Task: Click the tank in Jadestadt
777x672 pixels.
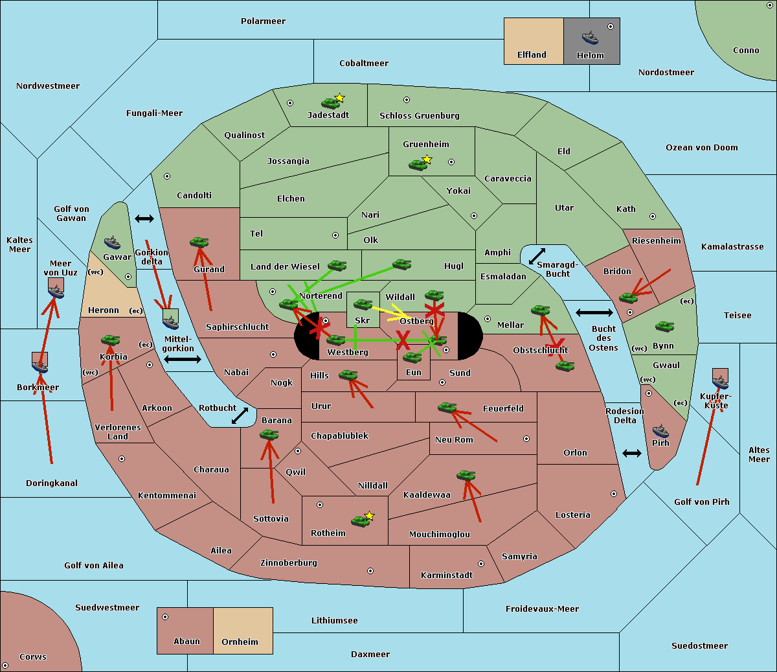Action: [x=330, y=102]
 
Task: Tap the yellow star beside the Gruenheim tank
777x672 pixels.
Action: [x=427, y=159]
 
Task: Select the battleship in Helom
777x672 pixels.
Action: [x=589, y=38]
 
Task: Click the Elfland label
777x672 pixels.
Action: [x=532, y=55]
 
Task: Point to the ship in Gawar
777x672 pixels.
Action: [x=112, y=243]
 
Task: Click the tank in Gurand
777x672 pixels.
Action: [x=199, y=242]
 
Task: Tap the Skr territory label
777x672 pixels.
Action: [x=362, y=320]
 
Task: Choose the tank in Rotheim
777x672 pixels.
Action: [x=361, y=520]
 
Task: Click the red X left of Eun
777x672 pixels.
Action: [x=403, y=340]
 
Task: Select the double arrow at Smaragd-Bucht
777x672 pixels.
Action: [x=537, y=256]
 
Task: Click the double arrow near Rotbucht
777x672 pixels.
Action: [x=240, y=415]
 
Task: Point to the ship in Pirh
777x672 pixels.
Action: [x=660, y=431]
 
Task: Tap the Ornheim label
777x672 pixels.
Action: [x=240, y=642]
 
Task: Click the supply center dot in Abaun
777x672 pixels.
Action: [x=165, y=617]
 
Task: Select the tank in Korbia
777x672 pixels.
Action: [x=110, y=340]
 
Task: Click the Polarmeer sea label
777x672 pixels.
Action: [x=263, y=21]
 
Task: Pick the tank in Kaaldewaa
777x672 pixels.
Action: [x=466, y=476]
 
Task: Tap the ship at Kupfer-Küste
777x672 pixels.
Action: [x=720, y=382]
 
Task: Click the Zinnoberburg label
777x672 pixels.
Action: [x=289, y=563]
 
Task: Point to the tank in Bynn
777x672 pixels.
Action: [x=664, y=327]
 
